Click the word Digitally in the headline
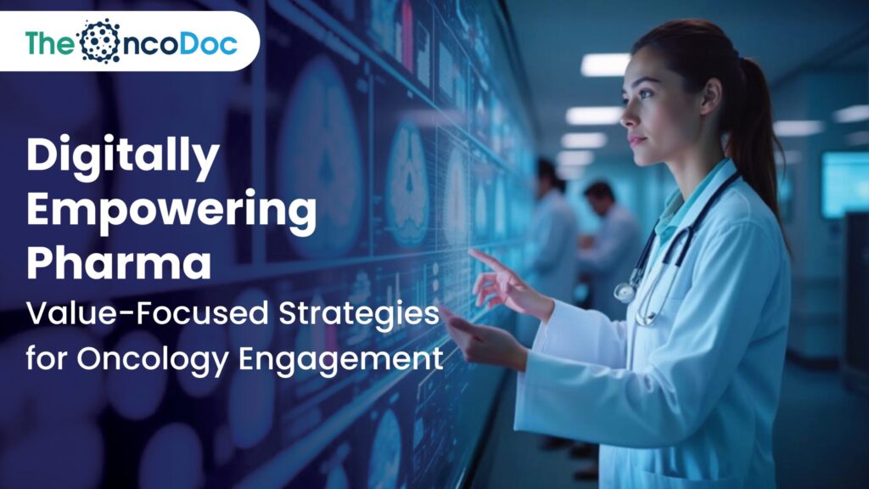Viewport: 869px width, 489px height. point(124,157)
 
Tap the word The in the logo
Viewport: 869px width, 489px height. point(49,42)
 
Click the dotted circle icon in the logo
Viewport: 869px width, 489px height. point(98,41)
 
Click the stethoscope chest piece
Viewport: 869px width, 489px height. point(625,292)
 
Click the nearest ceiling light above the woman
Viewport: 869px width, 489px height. point(605,65)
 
